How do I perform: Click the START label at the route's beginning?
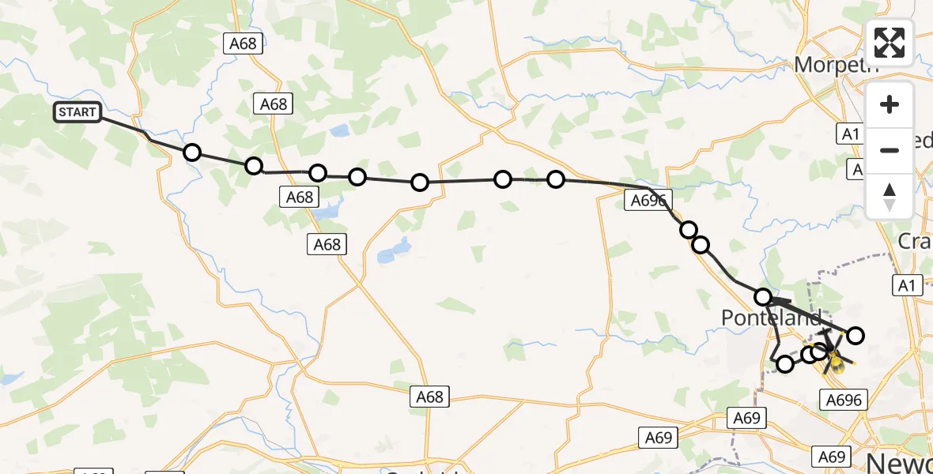(77, 112)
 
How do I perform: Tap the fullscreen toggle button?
(890, 43)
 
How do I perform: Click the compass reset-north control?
(890, 197)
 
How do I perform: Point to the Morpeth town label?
(837, 65)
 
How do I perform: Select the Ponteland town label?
(771, 318)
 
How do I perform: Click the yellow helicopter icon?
(832, 355)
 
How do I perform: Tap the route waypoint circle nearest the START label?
(192, 152)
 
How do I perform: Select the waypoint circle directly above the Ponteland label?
(763, 297)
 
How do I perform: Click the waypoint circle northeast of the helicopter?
(855, 336)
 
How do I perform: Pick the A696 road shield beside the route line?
(648, 201)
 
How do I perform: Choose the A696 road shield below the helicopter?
(843, 400)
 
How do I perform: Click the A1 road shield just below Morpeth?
(850, 134)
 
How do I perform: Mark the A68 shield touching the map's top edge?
(243, 43)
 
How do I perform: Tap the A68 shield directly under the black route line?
(300, 197)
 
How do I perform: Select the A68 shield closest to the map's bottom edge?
(430, 397)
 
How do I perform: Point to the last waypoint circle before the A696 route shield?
(556, 179)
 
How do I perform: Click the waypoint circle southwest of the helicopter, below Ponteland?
(785, 363)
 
